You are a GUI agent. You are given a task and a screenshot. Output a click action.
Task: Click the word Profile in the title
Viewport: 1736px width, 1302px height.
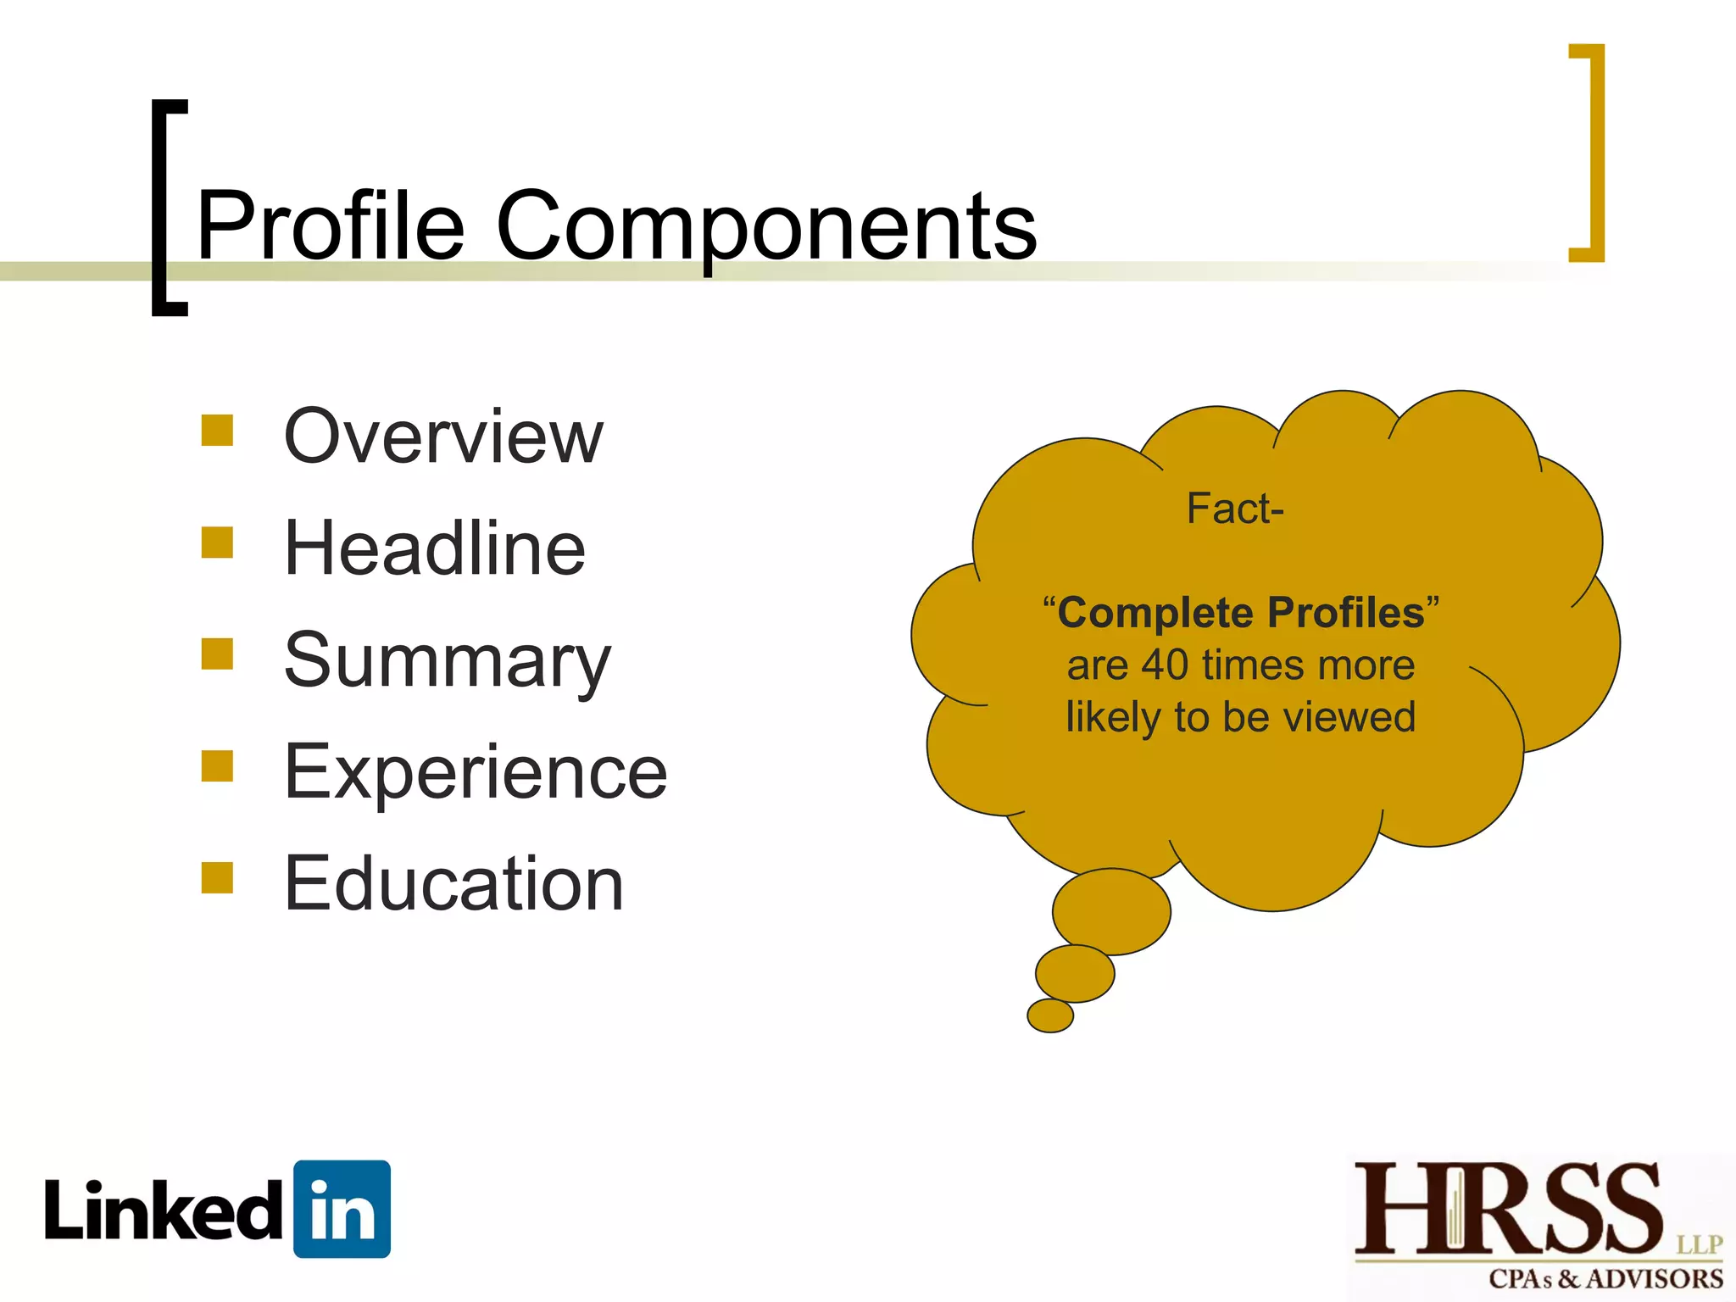[x=331, y=226]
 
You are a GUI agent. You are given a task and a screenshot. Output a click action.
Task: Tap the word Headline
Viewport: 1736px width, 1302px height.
[x=435, y=548]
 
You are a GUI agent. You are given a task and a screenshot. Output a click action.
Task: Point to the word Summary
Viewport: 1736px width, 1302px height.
[x=447, y=661]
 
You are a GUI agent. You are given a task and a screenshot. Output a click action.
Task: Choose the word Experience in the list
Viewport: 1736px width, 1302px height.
[x=476, y=771]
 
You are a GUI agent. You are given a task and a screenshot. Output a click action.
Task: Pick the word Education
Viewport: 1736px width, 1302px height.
[x=454, y=883]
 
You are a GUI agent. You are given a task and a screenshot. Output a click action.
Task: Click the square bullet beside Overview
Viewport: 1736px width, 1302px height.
[x=217, y=430]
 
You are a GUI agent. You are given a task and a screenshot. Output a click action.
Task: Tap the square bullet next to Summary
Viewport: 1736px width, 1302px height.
[x=217, y=654]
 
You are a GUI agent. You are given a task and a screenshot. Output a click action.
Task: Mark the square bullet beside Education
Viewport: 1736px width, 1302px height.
[x=217, y=878]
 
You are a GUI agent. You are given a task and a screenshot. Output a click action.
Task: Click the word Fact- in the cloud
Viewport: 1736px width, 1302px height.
[x=1235, y=509]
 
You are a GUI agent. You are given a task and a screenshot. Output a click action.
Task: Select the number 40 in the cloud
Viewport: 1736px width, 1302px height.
[x=1165, y=665]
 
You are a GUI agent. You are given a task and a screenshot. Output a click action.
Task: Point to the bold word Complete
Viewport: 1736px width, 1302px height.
[x=1155, y=612]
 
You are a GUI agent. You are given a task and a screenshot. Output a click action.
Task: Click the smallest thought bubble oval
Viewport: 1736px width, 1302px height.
[x=1050, y=1015]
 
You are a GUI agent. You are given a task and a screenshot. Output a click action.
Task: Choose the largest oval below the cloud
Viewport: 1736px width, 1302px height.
[x=1111, y=911]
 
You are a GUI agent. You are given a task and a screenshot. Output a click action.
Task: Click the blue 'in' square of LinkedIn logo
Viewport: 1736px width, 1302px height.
[x=342, y=1209]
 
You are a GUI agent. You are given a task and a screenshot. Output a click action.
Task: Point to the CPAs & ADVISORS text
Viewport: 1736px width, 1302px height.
[x=1605, y=1278]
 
